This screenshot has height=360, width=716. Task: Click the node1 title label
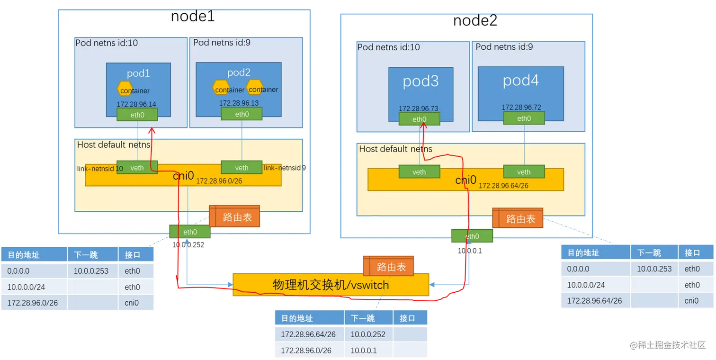click(x=193, y=17)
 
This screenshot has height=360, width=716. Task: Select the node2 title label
click(x=475, y=21)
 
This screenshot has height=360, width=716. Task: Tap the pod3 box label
click(x=421, y=81)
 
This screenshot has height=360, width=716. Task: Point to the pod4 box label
click(x=520, y=80)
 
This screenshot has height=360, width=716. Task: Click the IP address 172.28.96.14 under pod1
click(x=136, y=103)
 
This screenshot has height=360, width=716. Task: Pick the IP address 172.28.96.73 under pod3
click(x=419, y=108)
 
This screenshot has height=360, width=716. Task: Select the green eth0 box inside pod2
click(x=242, y=114)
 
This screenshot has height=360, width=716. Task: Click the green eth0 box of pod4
click(x=524, y=118)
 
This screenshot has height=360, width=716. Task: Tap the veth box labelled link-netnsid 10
click(x=137, y=167)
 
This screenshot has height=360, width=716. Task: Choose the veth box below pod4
click(x=524, y=172)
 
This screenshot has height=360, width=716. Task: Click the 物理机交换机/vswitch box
click(x=331, y=285)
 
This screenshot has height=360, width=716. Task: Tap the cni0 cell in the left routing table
click(x=132, y=303)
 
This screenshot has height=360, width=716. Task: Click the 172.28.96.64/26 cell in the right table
click(x=594, y=301)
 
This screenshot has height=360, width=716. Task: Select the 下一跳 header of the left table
click(x=86, y=255)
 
